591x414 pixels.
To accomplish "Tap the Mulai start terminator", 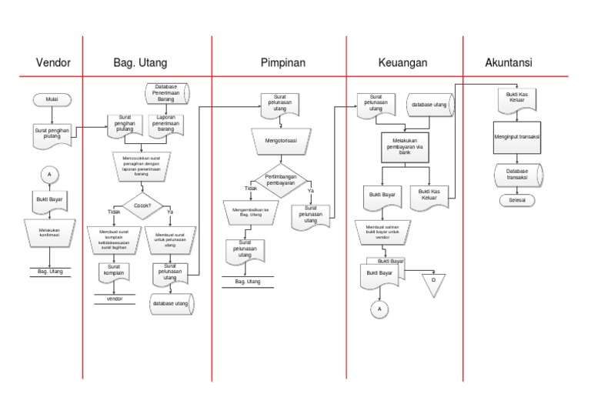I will click(x=51, y=99).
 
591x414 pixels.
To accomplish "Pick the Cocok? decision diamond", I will click(x=142, y=206).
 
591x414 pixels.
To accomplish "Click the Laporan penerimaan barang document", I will click(x=165, y=125).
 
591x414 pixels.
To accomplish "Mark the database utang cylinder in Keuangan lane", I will click(x=432, y=103).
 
